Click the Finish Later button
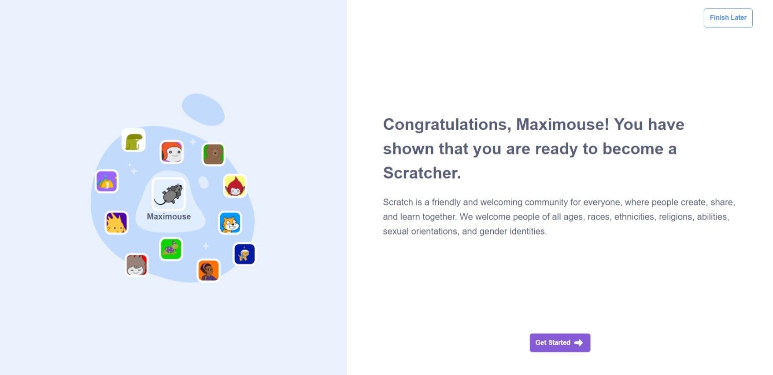tap(728, 18)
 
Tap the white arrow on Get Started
tap(578, 343)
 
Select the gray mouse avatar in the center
tap(169, 194)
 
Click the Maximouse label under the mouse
tap(169, 217)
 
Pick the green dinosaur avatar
tap(133, 140)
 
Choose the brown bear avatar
tap(214, 154)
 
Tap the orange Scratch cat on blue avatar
tap(230, 223)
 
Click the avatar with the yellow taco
tap(107, 181)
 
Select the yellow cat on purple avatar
tap(117, 223)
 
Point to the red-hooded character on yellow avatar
tap(235, 186)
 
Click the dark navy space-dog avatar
tap(244, 254)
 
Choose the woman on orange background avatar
tap(208, 270)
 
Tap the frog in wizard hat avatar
tap(171, 249)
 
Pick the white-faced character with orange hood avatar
tap(172, 152)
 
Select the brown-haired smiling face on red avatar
tap(137, 265)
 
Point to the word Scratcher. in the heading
tap(422, 173)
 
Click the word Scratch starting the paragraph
tap(398, 202)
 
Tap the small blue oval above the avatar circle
tap(203, 109)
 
